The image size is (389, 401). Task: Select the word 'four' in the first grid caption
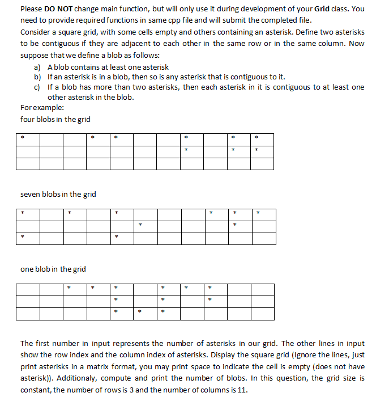27,119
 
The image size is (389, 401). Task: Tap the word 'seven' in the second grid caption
31,195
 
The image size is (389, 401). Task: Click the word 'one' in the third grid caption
27,269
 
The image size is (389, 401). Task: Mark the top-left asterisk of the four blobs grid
23,138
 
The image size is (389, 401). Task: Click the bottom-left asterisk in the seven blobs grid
23,237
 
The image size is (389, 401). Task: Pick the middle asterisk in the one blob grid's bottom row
139,311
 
